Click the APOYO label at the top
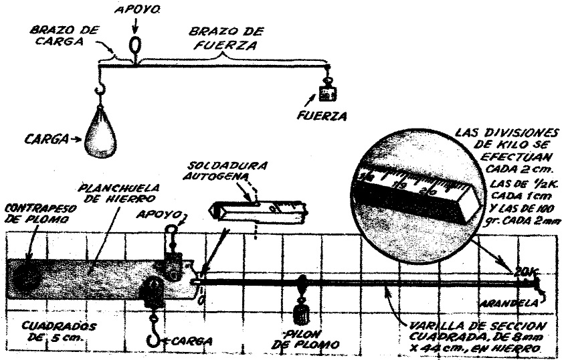click(x=136, y=11)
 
